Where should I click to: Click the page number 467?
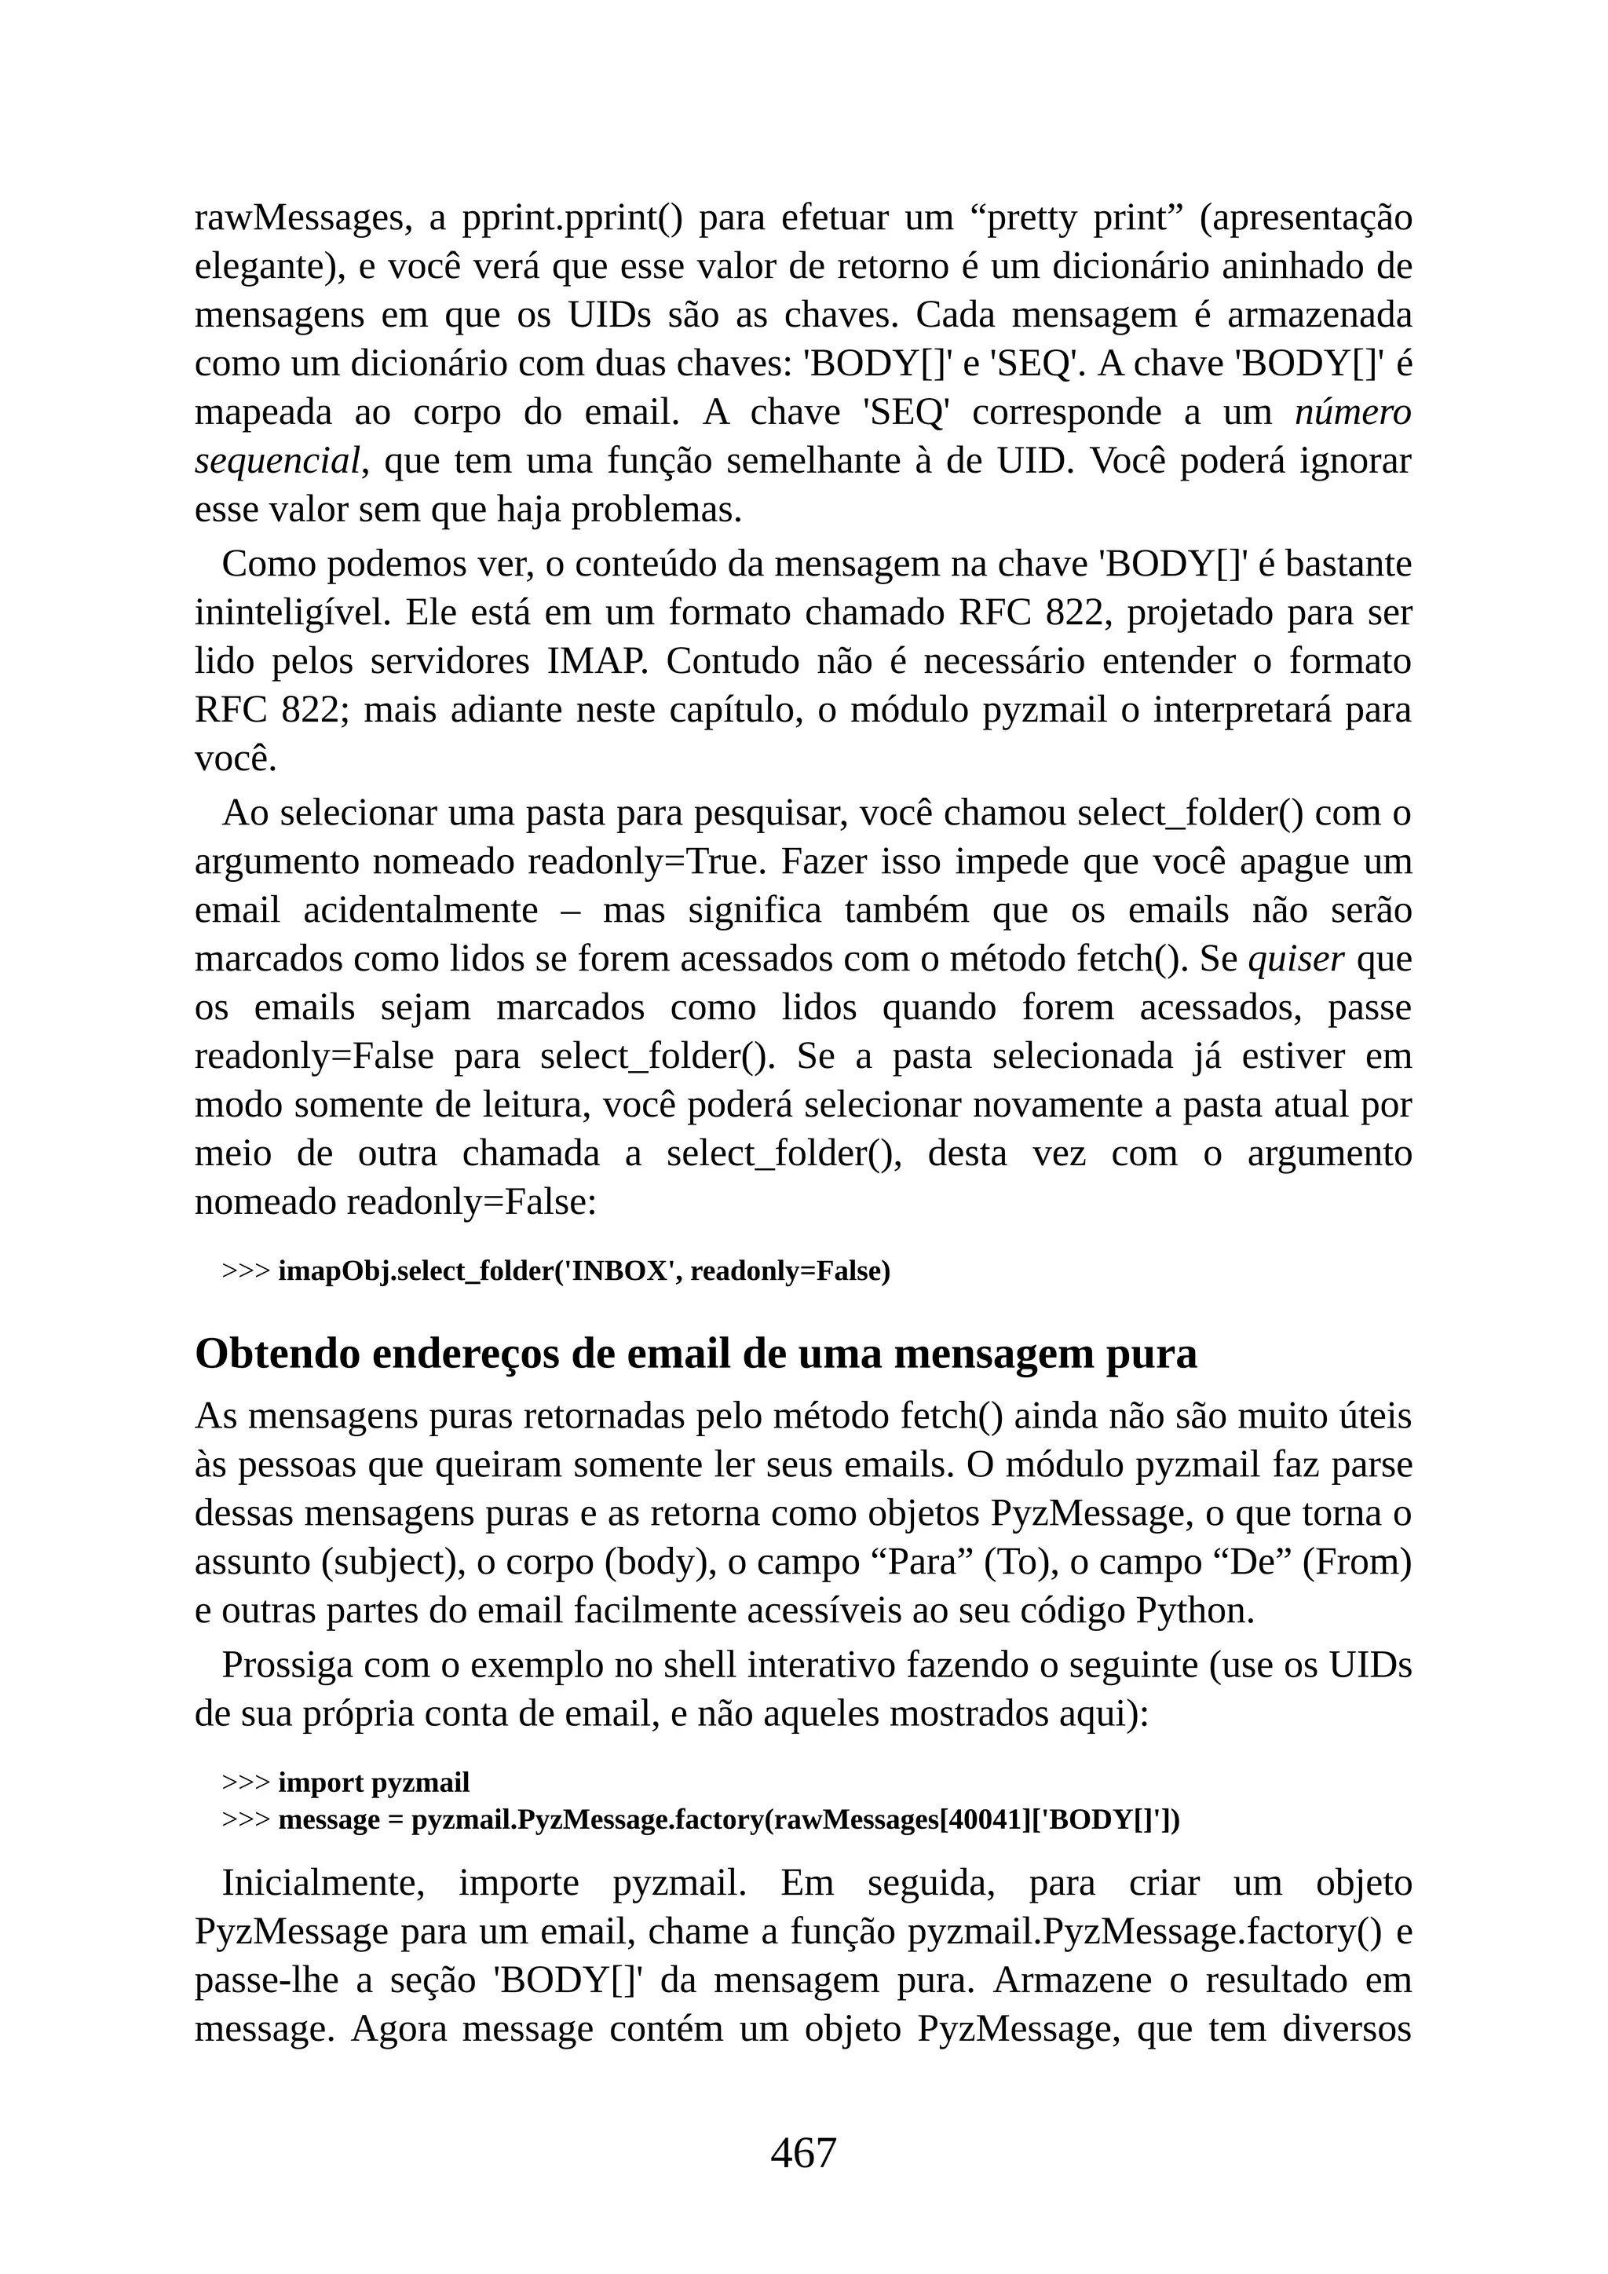803,2152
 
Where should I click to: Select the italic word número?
1353,412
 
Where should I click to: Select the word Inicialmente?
323,1883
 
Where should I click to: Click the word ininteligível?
292,613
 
